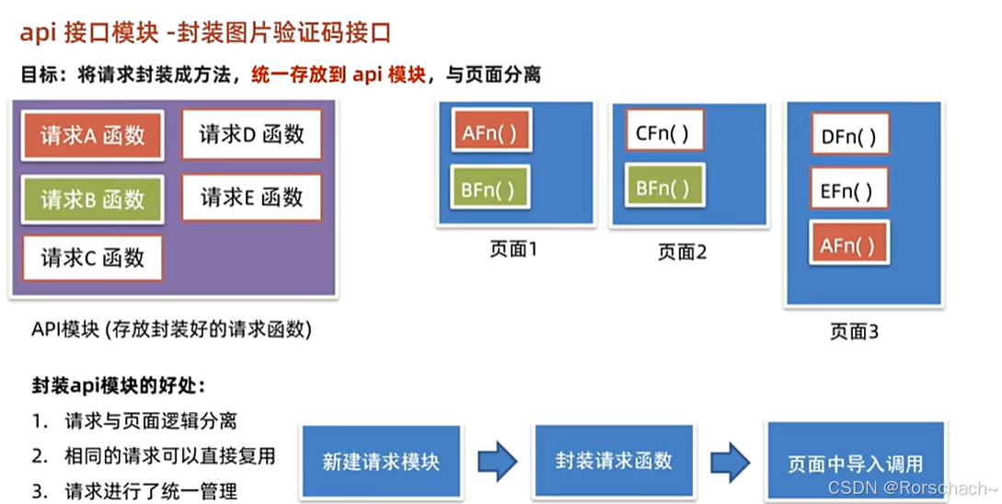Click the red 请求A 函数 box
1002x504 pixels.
(x=92, y=136)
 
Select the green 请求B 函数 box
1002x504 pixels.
(x=92, y=200)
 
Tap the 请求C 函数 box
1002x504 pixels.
(x=92, y=258)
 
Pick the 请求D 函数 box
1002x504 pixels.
(x=251, y=134)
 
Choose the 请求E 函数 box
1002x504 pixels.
(x=251, y=197)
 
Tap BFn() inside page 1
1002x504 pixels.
(x=489, y=189)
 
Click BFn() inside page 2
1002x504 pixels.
(x=662, y=189)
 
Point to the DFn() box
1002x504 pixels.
(x=848, y=138)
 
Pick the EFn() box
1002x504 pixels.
(x=848, y=192)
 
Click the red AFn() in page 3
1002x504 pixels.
(x=848, y=246)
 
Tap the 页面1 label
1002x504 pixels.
(x=513, y=249)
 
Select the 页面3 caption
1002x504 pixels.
(x=854, y=332)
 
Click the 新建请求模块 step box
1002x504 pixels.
(x=381, y=461)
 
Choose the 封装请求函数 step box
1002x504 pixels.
(x=614, y=460)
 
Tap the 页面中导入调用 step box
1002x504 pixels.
(x=855, y=463)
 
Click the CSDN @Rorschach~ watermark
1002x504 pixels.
(x=911, y=488)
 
